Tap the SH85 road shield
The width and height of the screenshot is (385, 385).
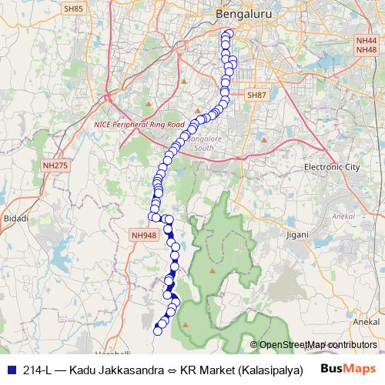[x=75, y=9]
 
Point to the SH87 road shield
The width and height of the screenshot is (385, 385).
[x=256, y=94]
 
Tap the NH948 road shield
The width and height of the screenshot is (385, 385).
[x=144, y=236]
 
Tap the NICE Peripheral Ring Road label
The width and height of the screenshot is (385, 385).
[x=139, y=124]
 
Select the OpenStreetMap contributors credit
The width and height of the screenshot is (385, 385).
[x=313, y=344]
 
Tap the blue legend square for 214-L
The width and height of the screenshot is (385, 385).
[x=11, y=369]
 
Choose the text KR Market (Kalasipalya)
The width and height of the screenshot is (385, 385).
[x=240, y=369]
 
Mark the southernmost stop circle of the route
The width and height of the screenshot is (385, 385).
[x=159, y=331]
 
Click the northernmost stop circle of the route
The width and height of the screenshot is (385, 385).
[x=226, y=33]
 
